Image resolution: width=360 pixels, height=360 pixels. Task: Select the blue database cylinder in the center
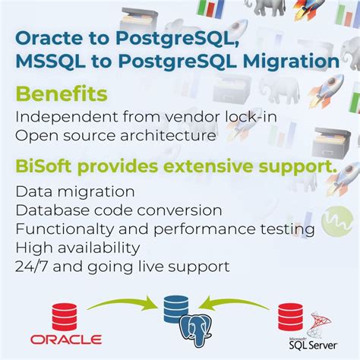click(x=175, y=308)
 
